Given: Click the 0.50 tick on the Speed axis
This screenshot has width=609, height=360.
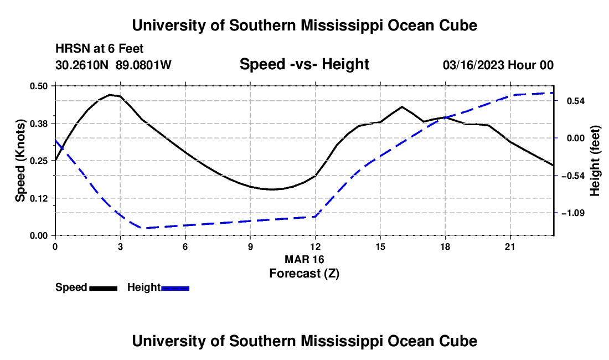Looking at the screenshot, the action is tap(38, 86).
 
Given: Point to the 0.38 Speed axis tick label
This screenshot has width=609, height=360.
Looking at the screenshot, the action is tap(38, 124).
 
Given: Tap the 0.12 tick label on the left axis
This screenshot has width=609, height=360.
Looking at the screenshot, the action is tap(38, 198).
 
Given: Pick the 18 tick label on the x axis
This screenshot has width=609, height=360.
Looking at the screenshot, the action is tap(445, 246).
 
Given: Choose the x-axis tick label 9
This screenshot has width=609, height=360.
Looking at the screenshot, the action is tap(250, 246).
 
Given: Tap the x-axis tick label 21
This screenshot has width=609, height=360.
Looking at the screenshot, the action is tap(510, 246).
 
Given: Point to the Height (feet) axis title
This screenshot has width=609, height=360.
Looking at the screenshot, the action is tap(595, 161).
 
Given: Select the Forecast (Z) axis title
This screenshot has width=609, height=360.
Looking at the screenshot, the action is tap(304, 274).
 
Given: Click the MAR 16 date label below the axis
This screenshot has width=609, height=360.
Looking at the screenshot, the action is tap(304, 259).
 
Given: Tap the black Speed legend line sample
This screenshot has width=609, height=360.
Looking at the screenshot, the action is tap(104, 288).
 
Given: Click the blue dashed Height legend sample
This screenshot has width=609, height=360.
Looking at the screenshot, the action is tap(175, 288).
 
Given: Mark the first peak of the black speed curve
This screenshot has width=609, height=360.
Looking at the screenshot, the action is tap(110, 94).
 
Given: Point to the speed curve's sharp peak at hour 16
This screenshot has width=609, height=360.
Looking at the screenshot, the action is tap(402, 107).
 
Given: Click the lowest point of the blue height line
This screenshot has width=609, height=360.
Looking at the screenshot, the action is tap(143, 228).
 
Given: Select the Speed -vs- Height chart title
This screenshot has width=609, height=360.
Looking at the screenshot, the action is tap(304, 64).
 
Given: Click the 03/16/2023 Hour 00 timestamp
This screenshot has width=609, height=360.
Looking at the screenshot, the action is tap(498, 65).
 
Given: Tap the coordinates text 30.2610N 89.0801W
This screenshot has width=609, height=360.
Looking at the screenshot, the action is tap(113, 65).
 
